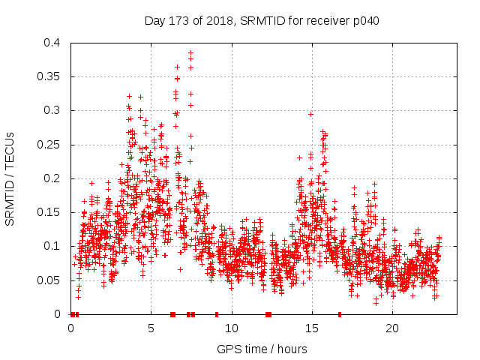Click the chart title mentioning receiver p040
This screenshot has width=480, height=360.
tap(262, 20)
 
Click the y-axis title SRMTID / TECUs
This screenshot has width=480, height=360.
tap(10, 178)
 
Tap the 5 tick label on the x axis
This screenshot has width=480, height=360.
tap(151, 328)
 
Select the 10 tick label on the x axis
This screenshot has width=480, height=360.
tap(232, 328)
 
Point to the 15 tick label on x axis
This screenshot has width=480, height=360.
tap(313, 328)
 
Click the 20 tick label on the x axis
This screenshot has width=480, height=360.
tap(393, 328)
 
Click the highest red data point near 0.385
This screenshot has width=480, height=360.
tap(191, 53)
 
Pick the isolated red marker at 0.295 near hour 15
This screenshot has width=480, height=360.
tap(310, 114)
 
